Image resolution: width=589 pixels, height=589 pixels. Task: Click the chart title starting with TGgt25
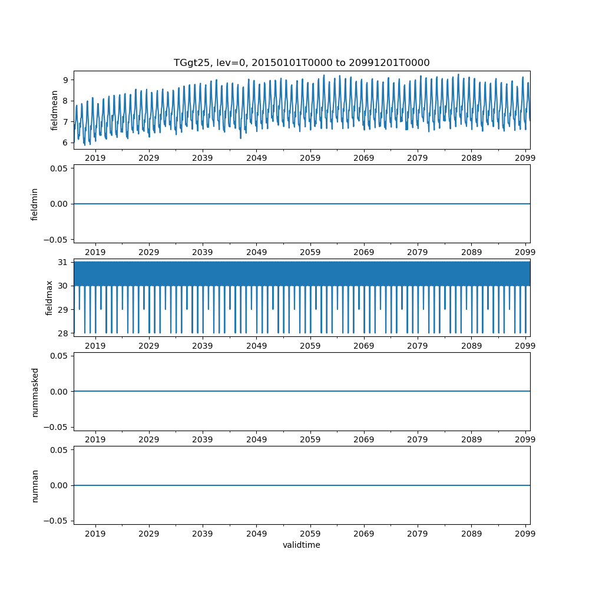coord(301,62)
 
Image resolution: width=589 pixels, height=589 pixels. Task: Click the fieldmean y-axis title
coord(54,110)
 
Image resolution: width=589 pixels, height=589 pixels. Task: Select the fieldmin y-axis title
coord(35,204)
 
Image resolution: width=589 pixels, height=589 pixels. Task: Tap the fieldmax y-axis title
coord(49,297)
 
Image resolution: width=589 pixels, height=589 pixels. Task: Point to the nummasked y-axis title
coord(35,392)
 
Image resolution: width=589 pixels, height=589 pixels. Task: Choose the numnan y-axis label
coord(35,485)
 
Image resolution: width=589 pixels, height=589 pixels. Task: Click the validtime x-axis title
coord(301,545)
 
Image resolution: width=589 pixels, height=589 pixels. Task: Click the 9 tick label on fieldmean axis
coord(66,80)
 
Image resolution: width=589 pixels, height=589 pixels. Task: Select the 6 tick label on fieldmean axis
coord(66,143)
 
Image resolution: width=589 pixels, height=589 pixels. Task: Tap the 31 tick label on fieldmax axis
coord(64,262)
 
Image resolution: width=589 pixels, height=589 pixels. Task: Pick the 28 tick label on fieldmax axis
coord(64,333)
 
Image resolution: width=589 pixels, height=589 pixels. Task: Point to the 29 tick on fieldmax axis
coord(64,309)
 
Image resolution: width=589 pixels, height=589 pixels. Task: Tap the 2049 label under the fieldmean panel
coord(256,158)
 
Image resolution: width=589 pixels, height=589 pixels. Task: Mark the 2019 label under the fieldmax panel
coord(95,346)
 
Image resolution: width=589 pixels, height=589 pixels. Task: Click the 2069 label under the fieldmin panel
coord(364,252)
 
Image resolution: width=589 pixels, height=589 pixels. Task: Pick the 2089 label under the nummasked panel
coord(471,440)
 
